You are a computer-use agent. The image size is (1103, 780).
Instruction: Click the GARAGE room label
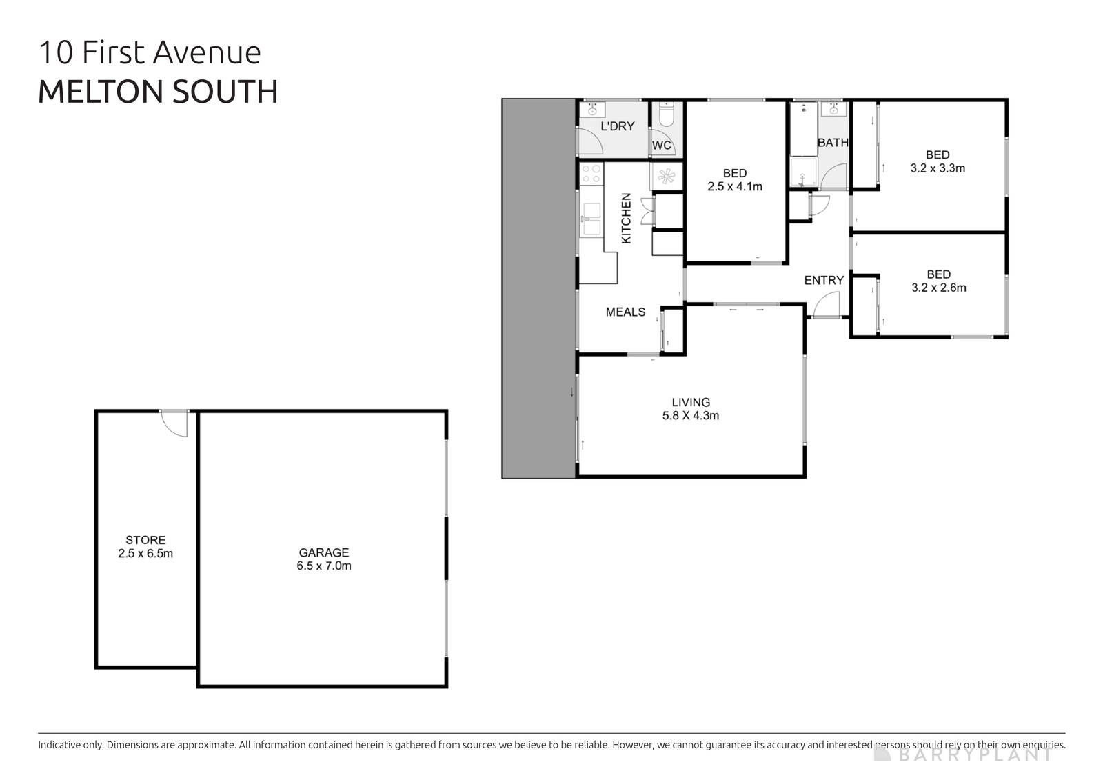tap(323, 552)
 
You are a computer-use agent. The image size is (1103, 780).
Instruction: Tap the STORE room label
tap(145, 540)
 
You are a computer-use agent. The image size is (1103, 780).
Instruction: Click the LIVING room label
tap(691, 402)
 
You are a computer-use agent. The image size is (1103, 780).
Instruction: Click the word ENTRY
tap(824, 280)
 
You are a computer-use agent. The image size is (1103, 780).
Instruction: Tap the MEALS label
tap(625, 312)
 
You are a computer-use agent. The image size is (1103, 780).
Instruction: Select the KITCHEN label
tap(626, 218)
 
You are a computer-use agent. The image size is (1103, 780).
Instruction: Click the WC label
tap(661, 146)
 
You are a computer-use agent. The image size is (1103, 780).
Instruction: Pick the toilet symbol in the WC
tap(666, 115)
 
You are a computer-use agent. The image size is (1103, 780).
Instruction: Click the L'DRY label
tap(617, 126)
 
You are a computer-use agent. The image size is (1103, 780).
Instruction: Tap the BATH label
tap(833, 143)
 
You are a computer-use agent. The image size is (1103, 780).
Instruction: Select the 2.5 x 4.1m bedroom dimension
tap(735, 186)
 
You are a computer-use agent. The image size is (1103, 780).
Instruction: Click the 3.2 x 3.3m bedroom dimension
tap(938, 168)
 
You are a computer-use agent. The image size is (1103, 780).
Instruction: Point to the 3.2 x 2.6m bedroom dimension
tap(938, 288)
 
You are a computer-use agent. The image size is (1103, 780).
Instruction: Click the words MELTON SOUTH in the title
tap(158, 92)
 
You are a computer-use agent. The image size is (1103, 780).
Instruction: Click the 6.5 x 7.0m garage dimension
tap(323, 566)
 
